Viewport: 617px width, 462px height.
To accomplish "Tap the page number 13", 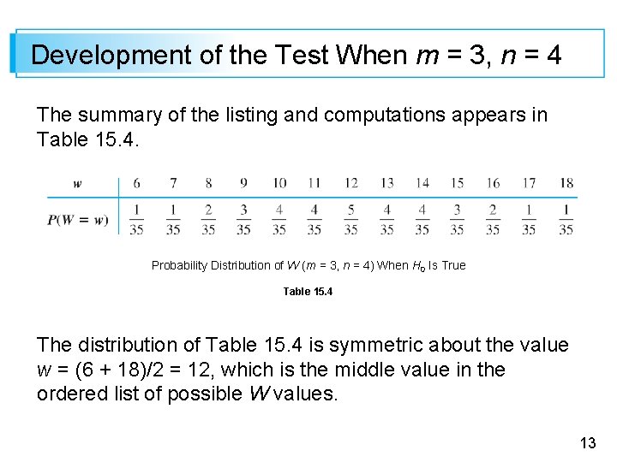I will tap(588, 442).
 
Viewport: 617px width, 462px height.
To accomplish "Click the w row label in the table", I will tap(78, 183).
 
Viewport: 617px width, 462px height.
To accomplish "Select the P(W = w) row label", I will tap(78, 219).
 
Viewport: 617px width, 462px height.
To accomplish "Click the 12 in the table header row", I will tap(350, 183).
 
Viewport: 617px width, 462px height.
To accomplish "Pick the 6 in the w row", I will tap(137, 183).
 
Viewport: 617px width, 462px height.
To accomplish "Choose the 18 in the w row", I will tap(566, 183).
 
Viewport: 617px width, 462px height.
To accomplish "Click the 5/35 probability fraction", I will tap(350, 219).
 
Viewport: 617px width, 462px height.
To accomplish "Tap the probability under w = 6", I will tap(137, 219).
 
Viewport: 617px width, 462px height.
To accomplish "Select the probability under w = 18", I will tap(566, 219).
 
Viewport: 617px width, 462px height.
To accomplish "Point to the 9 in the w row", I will tap(243, 183).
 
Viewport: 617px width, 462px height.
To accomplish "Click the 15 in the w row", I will tap(458, 183).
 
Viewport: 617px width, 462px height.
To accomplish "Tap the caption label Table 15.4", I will tap(308, 292).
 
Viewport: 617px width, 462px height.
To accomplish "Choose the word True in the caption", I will tap(453, 265).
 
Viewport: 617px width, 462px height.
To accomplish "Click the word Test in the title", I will tap(303, 56).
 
